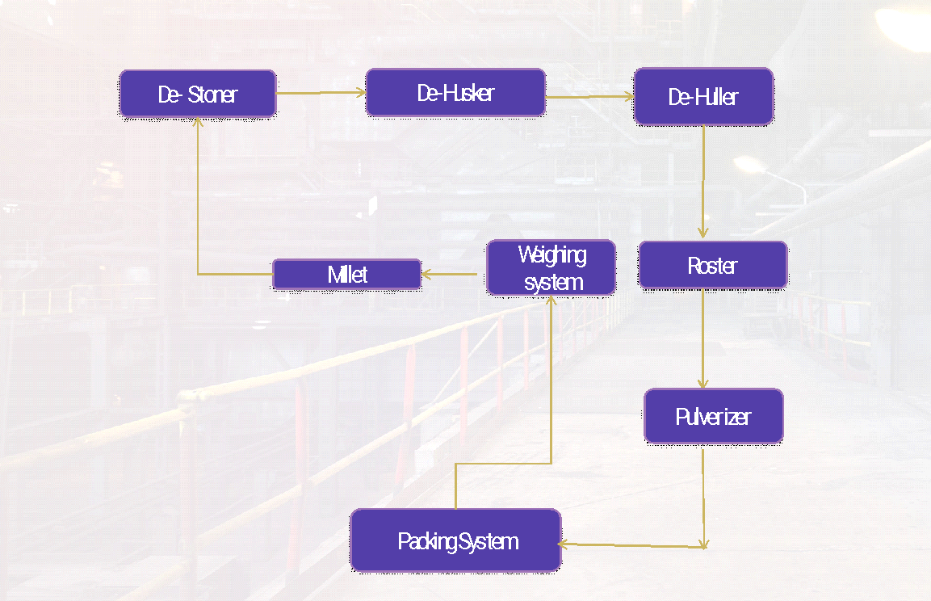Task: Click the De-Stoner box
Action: (198, 94)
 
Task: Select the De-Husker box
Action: (455, 93)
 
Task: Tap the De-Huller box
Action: (703, 97)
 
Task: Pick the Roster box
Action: (712, 265)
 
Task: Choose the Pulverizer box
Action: (713, 416)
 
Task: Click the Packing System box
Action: (456, 540)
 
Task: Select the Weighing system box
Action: (551, 267)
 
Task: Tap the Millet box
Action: (347, 274)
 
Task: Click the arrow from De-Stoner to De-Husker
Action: (321, 93)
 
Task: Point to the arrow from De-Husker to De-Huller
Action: (589, 97)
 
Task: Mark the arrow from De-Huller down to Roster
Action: (703, 182)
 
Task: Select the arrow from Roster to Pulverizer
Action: (703, 338)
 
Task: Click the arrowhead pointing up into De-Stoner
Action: (198, 123)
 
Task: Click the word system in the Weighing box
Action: (553, 282)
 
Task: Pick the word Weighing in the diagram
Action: (552, 255)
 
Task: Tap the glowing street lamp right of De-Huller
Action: (749, 165)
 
